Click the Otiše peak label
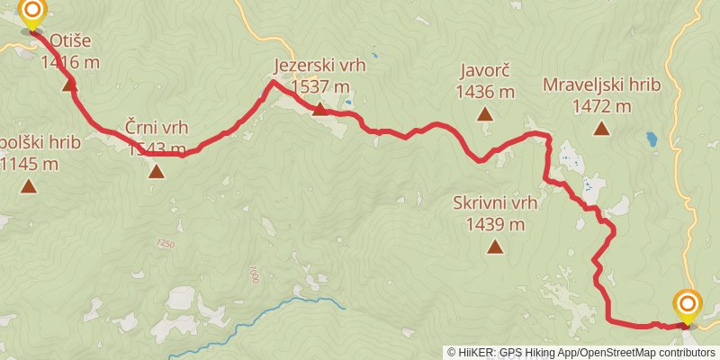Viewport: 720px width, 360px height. point(69,41)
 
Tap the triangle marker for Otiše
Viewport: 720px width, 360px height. point(69,85)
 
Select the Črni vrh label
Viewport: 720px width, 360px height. point(157,128)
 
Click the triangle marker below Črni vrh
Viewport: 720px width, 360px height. point(157,170)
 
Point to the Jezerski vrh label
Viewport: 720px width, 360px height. point(319,66)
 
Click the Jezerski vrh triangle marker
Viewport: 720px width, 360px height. point(319,110)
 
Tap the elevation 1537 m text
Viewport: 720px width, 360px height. point(319,86)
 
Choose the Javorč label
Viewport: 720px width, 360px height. point(485,70)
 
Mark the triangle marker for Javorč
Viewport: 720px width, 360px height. point(485,114)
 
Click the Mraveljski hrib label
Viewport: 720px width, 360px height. point(601,85)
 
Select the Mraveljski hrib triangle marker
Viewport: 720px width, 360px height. point(601,129)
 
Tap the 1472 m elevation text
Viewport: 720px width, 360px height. point(601,106)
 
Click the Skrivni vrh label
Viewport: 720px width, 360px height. point(496,203)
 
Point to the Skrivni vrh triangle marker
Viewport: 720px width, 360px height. point(495,247)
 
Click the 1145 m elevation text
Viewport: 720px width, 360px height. point(30,164)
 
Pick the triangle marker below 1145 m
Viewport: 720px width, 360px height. point(29,187)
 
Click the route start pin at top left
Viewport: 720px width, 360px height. point(32,13)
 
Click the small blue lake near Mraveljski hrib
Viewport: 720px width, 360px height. point(650,139)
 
